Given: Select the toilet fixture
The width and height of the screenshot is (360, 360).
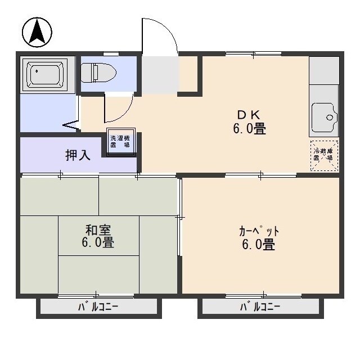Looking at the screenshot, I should click(98, 73).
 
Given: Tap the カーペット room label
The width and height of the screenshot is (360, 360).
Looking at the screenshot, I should click(259, 231).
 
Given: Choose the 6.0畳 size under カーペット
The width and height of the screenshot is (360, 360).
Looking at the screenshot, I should click(259, 245).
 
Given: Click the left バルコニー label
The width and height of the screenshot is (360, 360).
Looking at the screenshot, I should click(97, 307).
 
